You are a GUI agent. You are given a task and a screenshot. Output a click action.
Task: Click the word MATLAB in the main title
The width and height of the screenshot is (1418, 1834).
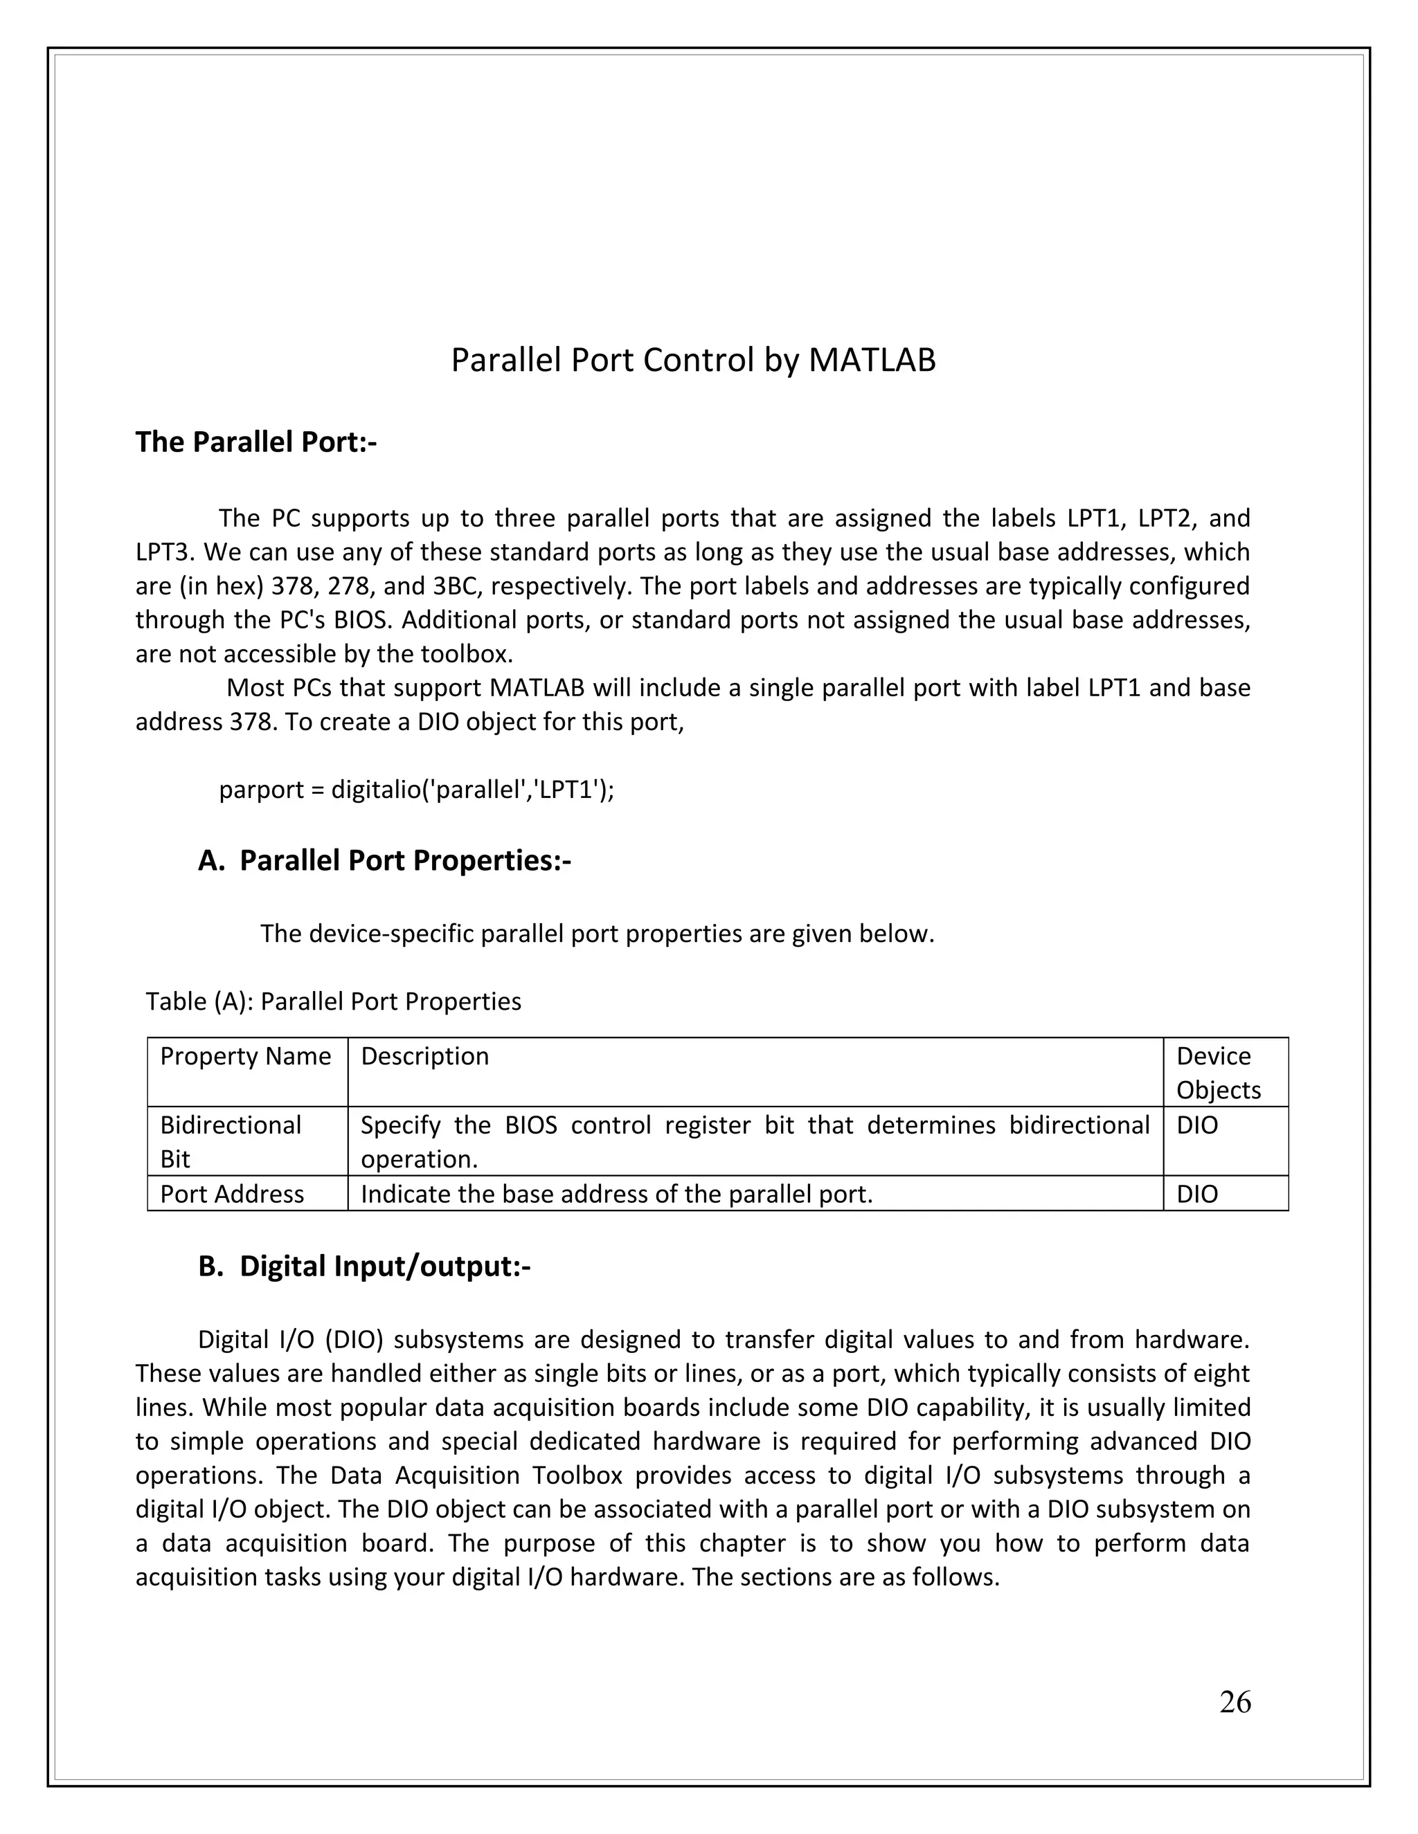(871, 361)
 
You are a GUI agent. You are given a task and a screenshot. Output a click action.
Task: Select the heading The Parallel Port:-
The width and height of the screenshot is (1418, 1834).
(256, 442)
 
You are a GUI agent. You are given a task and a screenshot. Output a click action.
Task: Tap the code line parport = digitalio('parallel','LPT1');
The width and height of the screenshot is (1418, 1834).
(417, 790)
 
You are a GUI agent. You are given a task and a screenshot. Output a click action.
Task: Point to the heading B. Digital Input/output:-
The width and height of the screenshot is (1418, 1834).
(365, 1266)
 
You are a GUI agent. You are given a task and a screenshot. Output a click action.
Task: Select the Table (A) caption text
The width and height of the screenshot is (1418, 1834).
(334, 1001)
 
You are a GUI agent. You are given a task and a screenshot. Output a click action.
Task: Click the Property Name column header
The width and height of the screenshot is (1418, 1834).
(245, 1055)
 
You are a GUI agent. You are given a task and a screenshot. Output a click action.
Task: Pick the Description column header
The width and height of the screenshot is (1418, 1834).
(424, 1055)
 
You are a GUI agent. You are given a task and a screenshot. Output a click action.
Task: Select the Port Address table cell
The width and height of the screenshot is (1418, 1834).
(232, 1194)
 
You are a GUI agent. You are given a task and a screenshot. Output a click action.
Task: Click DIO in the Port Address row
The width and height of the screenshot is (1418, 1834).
(1197, 1194)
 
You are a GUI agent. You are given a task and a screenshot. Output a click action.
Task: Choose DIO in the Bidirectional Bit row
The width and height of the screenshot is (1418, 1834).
(1197, 1125)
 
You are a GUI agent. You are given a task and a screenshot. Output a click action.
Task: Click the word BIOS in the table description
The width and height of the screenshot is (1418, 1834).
(530, 1125)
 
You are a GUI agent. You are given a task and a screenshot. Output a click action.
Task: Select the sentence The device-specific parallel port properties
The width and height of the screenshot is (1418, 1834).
(596, 933)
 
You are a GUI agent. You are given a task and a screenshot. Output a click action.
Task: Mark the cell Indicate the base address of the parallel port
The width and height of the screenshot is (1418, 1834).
(617, 1194)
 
